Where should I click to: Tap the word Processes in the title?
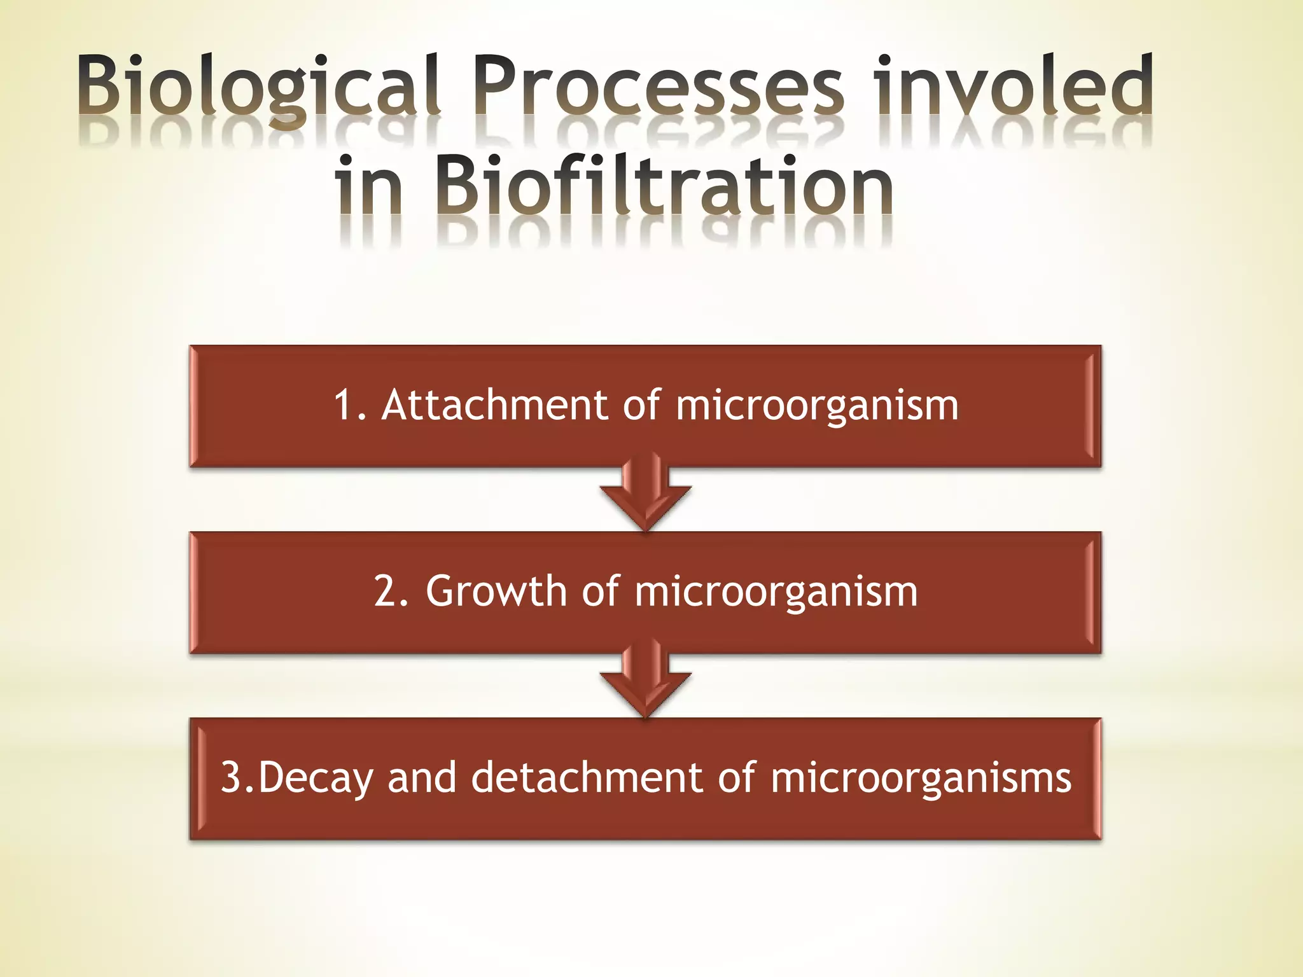(x=658, y=86)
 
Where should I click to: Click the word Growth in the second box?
(x=496, y=591)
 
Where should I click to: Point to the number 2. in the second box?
(x=391, y=591)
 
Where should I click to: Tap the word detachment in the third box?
(x=586, y=777)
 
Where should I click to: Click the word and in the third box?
(x=422, y=777)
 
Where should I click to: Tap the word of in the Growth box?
(x=600, y=591)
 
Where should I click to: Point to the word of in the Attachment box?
(x=641, y=405)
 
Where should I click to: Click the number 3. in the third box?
(x=236, y=777)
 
